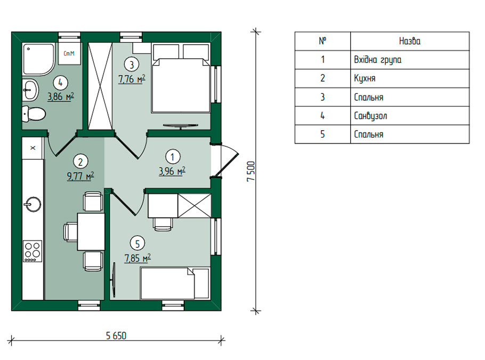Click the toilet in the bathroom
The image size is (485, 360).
[34, 114]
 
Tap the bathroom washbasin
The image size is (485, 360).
[30, 90]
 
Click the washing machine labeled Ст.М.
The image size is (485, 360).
[69, 53]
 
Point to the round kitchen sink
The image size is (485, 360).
[33, 204]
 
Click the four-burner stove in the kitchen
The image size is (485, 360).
[33, 251]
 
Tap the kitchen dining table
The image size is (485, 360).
[91, 231]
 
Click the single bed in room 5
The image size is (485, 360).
[175, 283]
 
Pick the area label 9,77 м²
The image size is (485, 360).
[80, 176]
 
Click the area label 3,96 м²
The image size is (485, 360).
[172, 171]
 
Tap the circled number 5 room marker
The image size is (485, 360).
[138, 244]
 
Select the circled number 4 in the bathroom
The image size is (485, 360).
[60, 83]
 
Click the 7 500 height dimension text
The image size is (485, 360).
[251, 172]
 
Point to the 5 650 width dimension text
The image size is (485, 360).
[116, 335]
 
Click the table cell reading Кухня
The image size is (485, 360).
[410, 78]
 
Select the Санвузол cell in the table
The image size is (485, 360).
[410, 116]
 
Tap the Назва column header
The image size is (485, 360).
[410, 41]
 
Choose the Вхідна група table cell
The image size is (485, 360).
[410, 60]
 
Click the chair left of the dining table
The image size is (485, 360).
[70, 232]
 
